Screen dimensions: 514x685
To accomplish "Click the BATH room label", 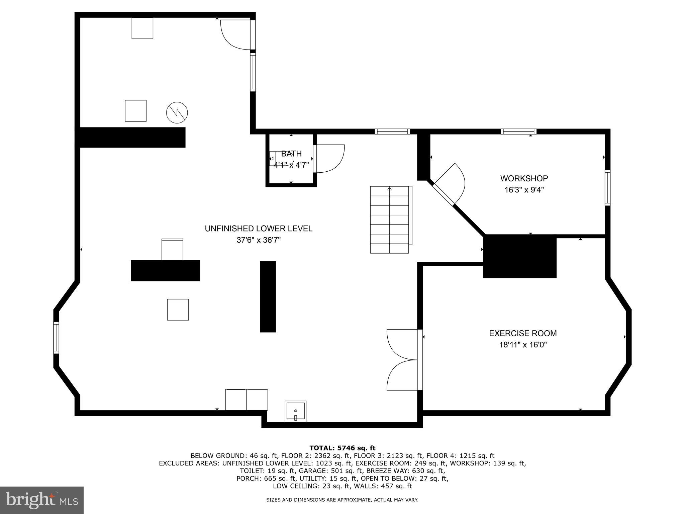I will (291, 154).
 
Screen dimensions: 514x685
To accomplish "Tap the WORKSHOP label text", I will (524, 178).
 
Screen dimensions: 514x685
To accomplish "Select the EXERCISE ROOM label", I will (523, 333).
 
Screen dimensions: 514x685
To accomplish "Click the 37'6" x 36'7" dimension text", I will (259, 240).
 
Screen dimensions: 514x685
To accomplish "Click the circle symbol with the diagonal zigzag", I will (177, 112).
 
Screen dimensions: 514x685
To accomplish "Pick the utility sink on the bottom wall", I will (295, 412).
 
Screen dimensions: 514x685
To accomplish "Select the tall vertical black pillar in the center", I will (268, 296).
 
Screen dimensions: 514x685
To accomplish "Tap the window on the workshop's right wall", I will (607, 187).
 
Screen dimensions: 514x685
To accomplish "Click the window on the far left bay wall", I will (56, 338).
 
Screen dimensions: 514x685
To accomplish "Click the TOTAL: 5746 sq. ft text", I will (342, 448).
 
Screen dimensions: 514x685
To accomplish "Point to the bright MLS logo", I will (41, 500).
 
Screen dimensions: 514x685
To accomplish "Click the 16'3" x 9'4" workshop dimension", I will (524, 190).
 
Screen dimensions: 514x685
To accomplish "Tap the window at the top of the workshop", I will (518, 132).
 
